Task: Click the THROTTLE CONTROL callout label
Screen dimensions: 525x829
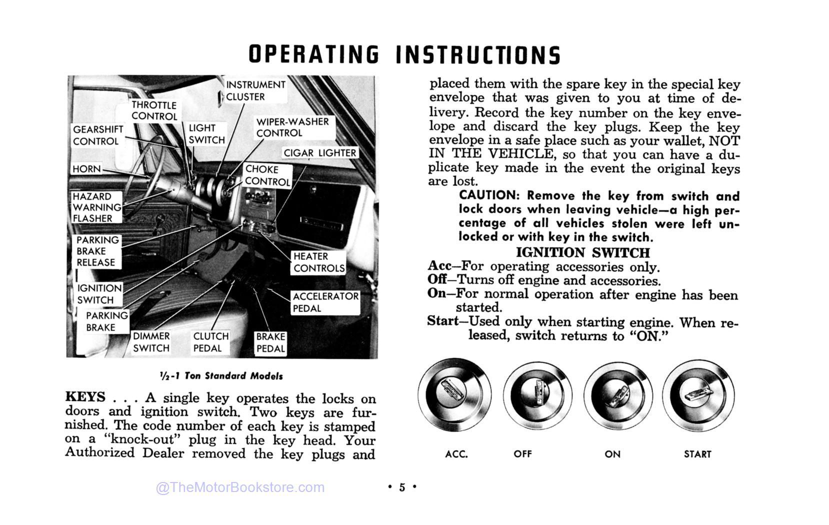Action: (x=154, y=110)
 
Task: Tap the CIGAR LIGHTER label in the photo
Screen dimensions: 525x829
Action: (x=320, y=153)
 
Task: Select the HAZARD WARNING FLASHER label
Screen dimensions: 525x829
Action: (x=96, y=207)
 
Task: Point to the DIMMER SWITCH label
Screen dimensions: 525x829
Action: (x=151, y=342)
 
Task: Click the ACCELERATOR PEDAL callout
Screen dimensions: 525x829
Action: (x=325, y=302)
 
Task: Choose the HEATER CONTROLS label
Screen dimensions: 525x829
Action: (x=318, y=262)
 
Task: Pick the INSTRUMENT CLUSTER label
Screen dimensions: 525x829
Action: (x=255, y=90)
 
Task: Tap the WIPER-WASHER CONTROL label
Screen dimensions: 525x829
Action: (x=292, y=127)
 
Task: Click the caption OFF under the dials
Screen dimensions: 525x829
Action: (x=522, y=454)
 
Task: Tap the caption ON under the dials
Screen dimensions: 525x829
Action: (x=612, y=454)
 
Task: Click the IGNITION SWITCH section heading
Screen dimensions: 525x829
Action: (x=582, y=252)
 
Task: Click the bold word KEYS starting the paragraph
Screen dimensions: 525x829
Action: (x=85, y=397)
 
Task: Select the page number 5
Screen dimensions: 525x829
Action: (x=402, y=487)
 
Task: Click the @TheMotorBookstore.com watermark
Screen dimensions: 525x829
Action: (x=240, y=487)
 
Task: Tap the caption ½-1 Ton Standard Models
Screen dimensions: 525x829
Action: (x=221, y=376)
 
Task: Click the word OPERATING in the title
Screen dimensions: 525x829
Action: (x=313, y=55)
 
